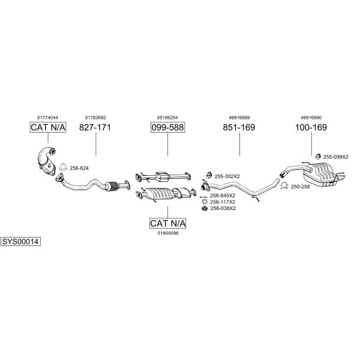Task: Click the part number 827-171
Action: tap(95, 127)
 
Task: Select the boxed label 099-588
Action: tap(167, 127)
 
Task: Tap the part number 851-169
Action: tap(239, 127)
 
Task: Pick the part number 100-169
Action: tap(311, 127)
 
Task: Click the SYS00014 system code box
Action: tap(20, 242)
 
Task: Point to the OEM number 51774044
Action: tap(47, 118)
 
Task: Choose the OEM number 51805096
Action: tap(168, 233)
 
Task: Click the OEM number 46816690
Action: tap(311, 118)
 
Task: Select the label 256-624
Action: tap(79, 168)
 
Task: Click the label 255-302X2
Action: tap(227, 176)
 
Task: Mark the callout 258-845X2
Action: tap(223, 196)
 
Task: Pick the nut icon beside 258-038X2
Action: tap(204, 208)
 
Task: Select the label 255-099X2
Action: tap(335, 157)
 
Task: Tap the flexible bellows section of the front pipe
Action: tap(112, 186)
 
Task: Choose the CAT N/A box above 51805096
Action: tap(167, 223)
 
